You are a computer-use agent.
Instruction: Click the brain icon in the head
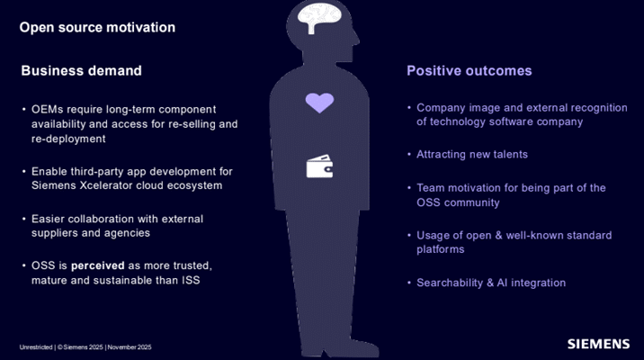319,18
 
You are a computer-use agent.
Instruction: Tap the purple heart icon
319,103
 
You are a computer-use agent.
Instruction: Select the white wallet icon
319,166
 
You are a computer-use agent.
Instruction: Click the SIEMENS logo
598,344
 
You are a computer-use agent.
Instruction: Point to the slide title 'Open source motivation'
97,28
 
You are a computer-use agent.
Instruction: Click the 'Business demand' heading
81,71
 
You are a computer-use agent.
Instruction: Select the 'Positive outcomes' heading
469,71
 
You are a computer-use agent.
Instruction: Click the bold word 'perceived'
98,265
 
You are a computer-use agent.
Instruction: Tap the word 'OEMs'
48,109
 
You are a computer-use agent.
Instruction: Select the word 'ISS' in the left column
191,280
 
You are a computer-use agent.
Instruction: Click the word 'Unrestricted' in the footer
36,347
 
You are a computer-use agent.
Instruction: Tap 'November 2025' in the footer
130,347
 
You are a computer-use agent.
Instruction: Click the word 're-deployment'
68,139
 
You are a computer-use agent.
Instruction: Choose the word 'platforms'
441,249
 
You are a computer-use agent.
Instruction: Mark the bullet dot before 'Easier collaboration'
23,219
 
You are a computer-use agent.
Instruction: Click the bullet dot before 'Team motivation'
409,188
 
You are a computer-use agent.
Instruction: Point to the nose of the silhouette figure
356,40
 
